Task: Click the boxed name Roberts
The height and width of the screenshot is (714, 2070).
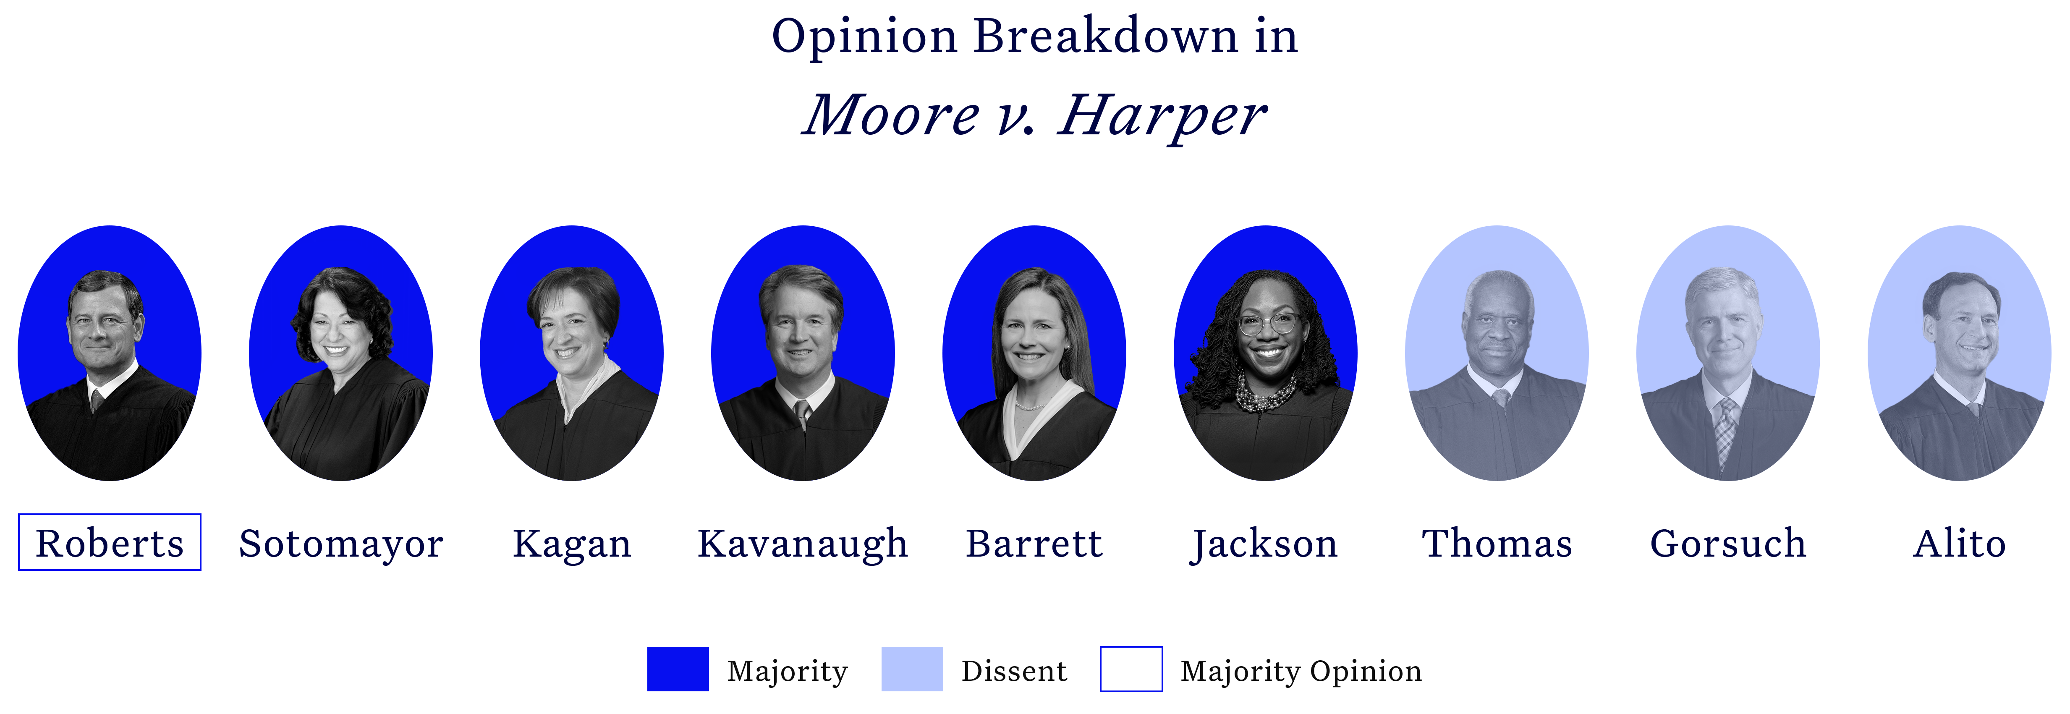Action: pos(109,543)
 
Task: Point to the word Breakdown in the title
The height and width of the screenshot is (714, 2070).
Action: pos(1106,37)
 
